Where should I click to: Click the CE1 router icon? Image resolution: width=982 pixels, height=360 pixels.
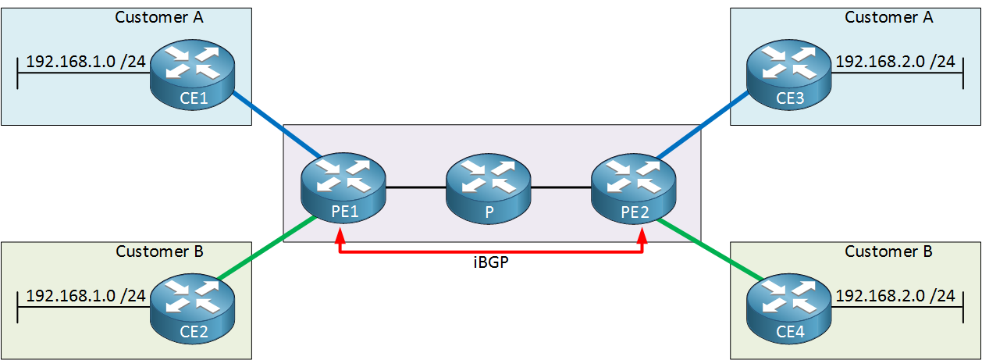pyautogui.click(x=193, y=74)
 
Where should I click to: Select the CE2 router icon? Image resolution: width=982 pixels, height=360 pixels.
pyautogui.click(x=193, y=308)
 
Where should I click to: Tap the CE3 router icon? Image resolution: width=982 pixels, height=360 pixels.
pyautogui.click(x=788, y=74)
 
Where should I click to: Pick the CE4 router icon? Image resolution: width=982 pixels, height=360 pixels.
pyautogui.click(x=788, y=308)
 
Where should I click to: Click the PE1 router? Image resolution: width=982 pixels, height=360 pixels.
pyautogui.click(x=343, y=188)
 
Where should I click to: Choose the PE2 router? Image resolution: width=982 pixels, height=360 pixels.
pyautogui.click(x=634, y=188)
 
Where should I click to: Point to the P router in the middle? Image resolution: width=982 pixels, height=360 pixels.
pyautogui.click(x=489, y=188)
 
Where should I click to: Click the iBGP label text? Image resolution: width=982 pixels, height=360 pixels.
pyautogui.click(x=491, y=262)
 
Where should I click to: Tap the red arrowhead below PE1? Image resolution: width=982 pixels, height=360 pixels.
pyautogui.click(x=340, y=235)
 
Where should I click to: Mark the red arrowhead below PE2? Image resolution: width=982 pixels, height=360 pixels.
pyautogui.click(x=642, y=235)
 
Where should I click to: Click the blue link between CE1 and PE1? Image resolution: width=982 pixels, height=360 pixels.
pyautogui.click(x=277, y=124)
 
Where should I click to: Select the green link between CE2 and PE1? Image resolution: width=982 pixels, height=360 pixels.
pyautogui.click(x=267, y=248)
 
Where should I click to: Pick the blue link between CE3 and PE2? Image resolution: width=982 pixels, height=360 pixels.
pyautogui.click(x=703, y=124)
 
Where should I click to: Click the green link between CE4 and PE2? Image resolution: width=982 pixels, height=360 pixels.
pyautogui.click(x=710, y=249)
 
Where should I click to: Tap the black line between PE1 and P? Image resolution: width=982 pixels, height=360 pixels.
pyautogui.click(x=416, y=187)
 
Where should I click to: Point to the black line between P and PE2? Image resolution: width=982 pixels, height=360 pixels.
pyautogui.click(x=561, y=187)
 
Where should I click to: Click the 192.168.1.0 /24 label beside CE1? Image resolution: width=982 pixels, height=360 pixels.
pyautogui.click(x=86, y=62)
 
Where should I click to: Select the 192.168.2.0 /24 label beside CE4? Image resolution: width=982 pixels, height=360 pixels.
pyautogui.click(x=895, y=296)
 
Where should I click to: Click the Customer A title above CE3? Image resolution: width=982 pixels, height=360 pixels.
pyautogui.click(x=889, y=17)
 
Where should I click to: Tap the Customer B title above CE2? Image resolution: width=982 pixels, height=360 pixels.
pyautogui.click(x=159, y=251)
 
